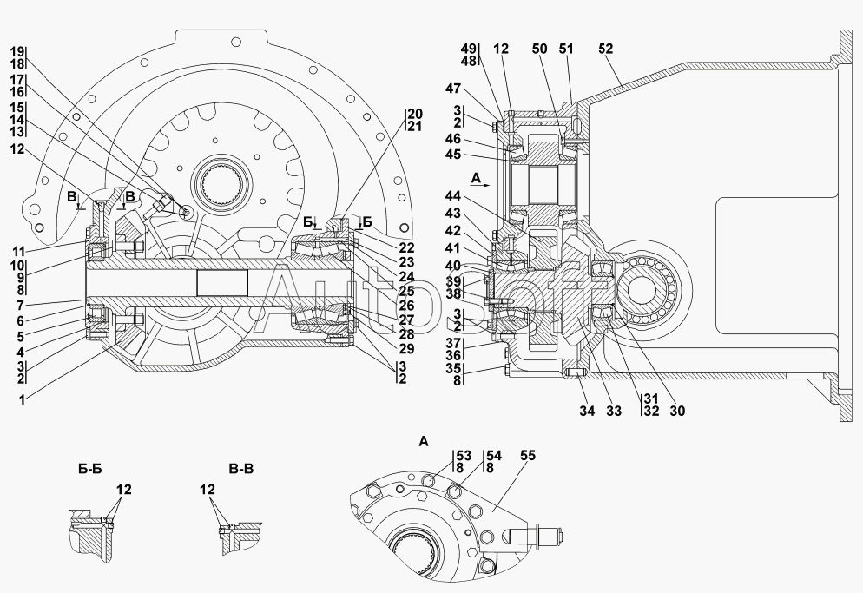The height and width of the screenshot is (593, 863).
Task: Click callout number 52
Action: coord(605,49)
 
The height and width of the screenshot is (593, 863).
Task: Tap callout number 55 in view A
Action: coord(527,455)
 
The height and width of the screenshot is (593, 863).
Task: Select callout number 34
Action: coord(587,411)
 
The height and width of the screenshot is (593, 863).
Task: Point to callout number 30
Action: coord(677,411)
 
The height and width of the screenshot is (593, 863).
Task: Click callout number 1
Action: coord(23,400)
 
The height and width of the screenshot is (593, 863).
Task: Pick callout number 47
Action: coord(453,89)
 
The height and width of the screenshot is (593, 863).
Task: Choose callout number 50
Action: coord(540,49)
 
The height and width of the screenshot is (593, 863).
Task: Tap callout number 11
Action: coord(19,252)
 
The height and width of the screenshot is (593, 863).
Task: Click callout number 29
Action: coord(406,348)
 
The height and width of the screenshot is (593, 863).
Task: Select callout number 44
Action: coord(453,196)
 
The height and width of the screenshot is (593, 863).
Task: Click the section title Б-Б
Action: coord(90,469)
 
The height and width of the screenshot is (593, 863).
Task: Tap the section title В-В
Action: coord(241,469)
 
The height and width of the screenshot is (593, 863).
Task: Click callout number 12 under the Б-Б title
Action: coord(124,489)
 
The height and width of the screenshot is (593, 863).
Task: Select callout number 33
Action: coord(614,411)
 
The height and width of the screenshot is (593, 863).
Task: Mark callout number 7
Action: coord(21,306)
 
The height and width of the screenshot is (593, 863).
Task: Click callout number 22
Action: coord(406,248)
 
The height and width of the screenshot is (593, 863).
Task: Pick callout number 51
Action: coord(566,49)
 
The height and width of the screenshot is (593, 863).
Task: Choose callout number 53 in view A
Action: coord(464,455)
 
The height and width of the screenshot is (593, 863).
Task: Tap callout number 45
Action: coord(453,155)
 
